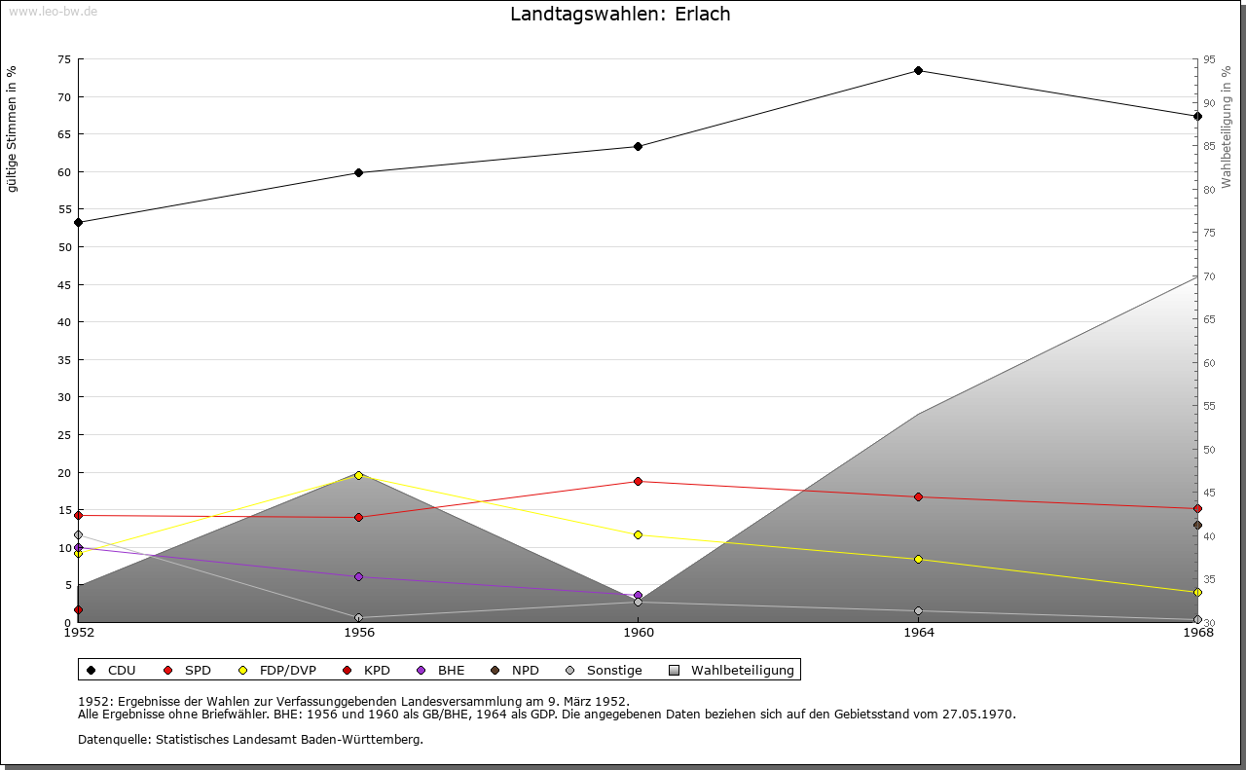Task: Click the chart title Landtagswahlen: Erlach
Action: (620, 14)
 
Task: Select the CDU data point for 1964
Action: (918, 71)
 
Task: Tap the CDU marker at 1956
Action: (359, 173)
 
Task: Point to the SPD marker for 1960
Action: (638, 481)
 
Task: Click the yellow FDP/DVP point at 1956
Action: (359, 476)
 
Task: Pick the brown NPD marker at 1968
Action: (1197, 526)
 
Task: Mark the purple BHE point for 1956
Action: (359, 577)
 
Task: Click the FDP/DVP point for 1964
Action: (918, 559)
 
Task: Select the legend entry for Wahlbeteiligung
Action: (731, 671)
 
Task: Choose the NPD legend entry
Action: (515, 671)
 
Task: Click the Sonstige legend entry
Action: (604, 671)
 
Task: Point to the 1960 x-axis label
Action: (639, 633)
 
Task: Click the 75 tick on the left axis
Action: (64, 59)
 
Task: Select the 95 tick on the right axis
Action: (1209, 59)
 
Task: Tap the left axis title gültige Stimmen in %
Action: (12, 129)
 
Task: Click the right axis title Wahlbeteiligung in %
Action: (1227, 128)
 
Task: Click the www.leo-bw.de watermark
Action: (53, 11)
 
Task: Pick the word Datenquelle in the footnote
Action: (114, 740)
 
